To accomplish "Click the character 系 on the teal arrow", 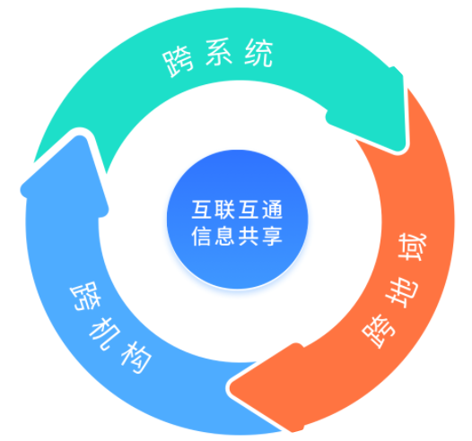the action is pos(219,52).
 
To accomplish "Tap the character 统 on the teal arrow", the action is pos(258,53).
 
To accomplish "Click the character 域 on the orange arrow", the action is pos(413,247).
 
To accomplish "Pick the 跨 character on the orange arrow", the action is pos(380,332).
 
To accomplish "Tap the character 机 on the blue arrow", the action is pos(105,333).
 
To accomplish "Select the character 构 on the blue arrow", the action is pos(136,357).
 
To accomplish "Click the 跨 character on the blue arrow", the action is pos(86,296).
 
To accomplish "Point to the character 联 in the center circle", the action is pos(225,210).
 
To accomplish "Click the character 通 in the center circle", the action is pos(272,210).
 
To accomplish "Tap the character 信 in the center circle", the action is pos(201,236).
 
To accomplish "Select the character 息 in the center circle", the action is pos(225,236).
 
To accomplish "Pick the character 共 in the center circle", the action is pos(249,236).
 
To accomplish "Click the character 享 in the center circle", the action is pos(272,236).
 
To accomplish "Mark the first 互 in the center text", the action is pos(201,210).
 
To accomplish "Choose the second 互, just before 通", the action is pos(249,210).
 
